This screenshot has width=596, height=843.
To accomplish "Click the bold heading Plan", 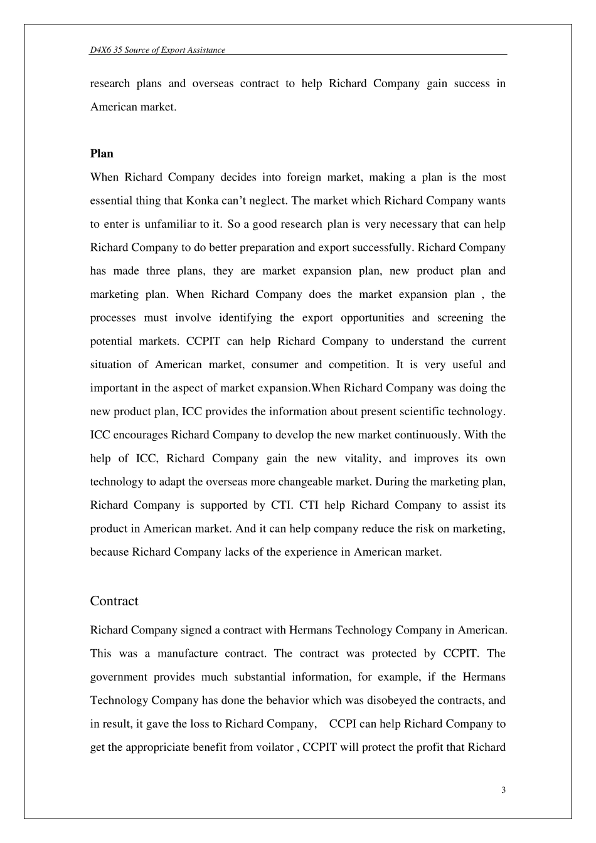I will tap(102, 154).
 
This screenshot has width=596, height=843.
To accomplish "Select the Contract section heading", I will tap(114, 601).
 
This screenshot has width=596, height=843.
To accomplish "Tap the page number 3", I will tap(503, 790).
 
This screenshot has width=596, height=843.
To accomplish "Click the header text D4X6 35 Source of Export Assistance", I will tap(157, 50).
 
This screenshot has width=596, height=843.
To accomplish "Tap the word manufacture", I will tap(186, 654).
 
